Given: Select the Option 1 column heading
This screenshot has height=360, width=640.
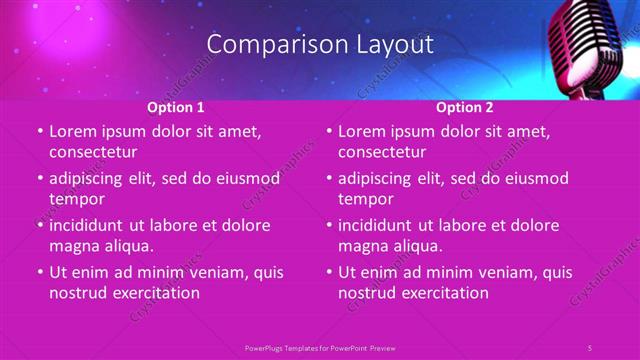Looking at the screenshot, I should [176, 106].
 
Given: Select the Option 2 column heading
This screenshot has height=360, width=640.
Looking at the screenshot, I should [465, 106].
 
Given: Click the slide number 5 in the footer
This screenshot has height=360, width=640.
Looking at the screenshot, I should [589, 347].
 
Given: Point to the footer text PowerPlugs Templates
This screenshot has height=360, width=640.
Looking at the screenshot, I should [286, 347].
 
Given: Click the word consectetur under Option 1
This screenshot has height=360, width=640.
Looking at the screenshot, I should [93, 152].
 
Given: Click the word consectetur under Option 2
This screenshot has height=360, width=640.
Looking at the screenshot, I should [382, 152].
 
